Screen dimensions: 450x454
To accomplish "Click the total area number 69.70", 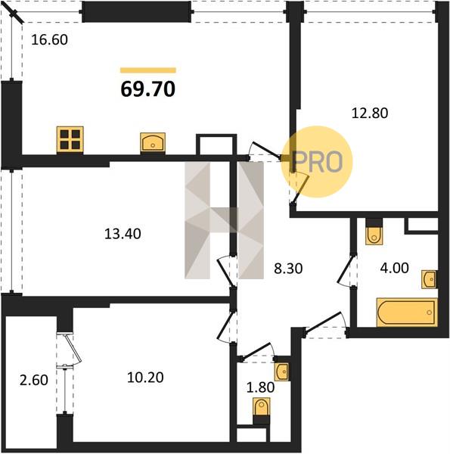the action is pos(148,89).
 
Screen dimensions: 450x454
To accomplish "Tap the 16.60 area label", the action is pos(49,39).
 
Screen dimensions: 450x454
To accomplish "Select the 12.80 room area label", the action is pos(370,113).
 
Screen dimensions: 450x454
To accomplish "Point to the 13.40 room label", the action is pos(123,234).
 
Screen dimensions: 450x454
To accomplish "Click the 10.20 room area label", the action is pos(145,378).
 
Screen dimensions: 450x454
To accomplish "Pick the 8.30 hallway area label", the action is pos(288,269).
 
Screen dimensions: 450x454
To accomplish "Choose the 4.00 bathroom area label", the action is pos(394,268).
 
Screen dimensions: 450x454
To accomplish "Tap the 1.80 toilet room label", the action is pos(260,387).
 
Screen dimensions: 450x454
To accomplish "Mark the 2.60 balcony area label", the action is pos(34,380).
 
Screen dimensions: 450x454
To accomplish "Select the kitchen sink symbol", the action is pos(153,142).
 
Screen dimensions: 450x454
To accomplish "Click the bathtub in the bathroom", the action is pos(407,313).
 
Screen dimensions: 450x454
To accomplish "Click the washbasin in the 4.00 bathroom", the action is pos(429,279).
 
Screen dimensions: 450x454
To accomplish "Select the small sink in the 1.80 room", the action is pos(281,372).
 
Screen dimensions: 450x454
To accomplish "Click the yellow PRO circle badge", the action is pos(317,162).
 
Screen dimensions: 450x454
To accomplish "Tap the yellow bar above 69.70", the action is pos(148,70).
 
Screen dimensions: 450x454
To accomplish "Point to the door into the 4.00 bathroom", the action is pos(346,270).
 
